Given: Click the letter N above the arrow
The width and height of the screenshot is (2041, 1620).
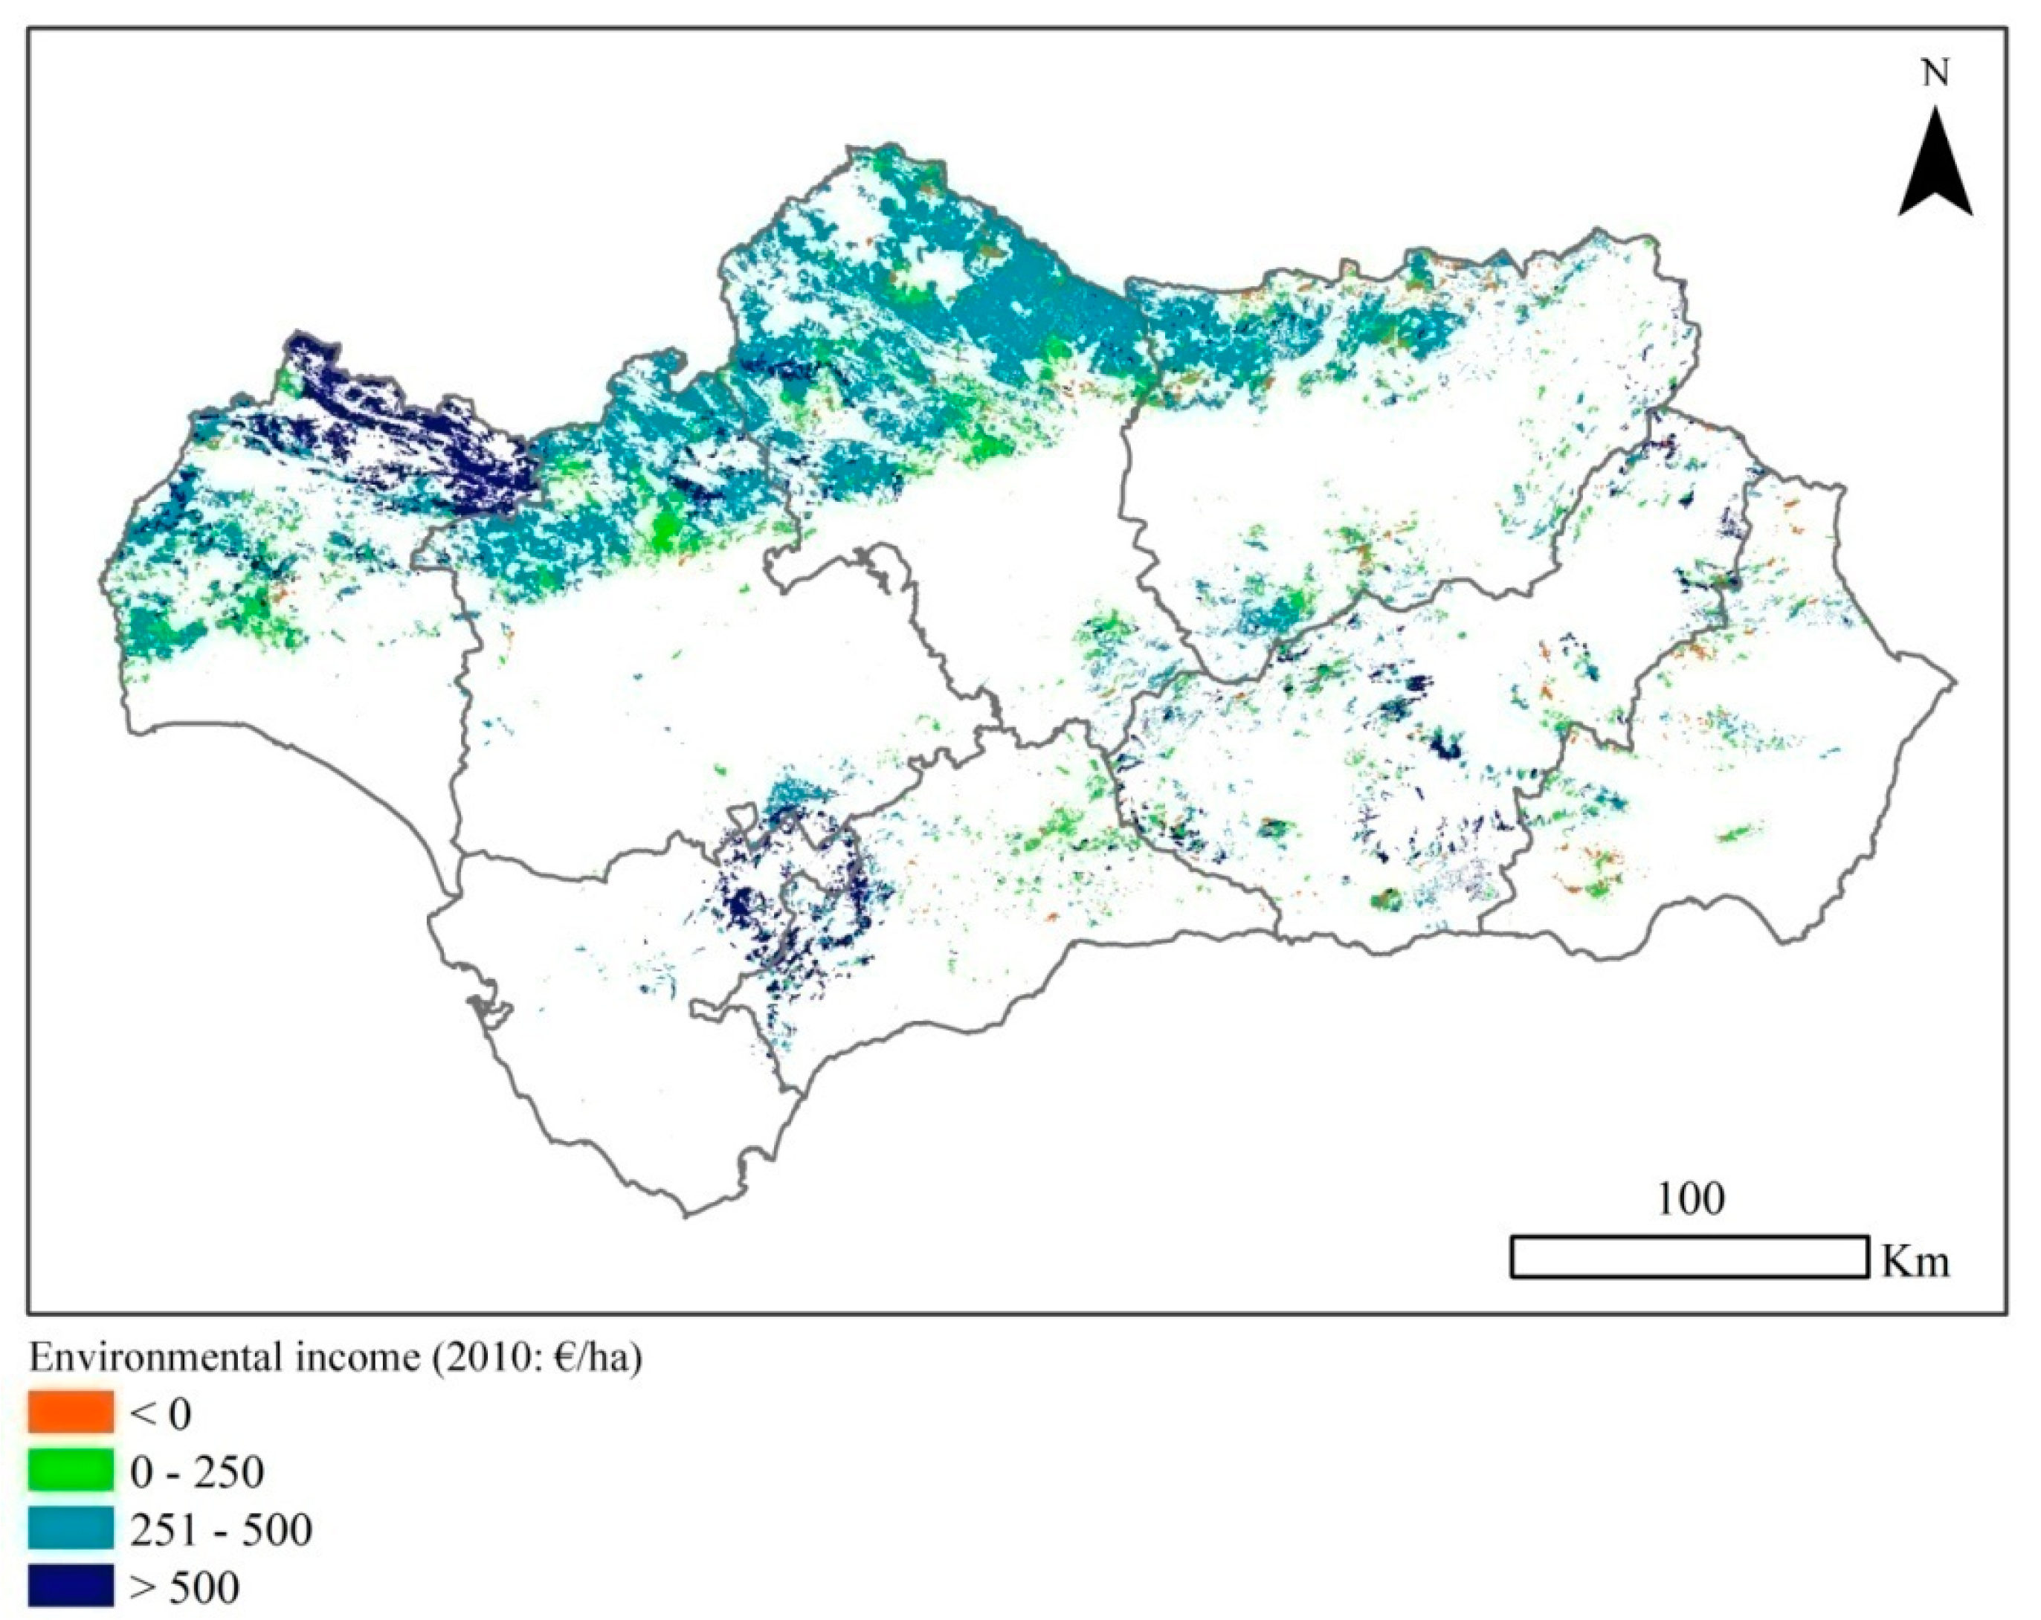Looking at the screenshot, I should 1935,73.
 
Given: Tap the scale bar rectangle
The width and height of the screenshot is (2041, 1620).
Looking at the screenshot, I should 1687,1256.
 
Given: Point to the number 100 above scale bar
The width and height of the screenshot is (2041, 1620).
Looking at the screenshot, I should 1690,1198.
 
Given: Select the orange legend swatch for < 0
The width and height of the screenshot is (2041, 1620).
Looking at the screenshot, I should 70,1412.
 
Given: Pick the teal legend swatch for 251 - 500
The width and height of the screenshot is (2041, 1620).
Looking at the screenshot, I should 70,1527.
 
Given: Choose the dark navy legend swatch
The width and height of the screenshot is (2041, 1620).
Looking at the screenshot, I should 70,1585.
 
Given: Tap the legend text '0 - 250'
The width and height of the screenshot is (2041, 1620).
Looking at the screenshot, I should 197,1471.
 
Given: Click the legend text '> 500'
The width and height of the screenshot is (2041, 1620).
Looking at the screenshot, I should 184,1587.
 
